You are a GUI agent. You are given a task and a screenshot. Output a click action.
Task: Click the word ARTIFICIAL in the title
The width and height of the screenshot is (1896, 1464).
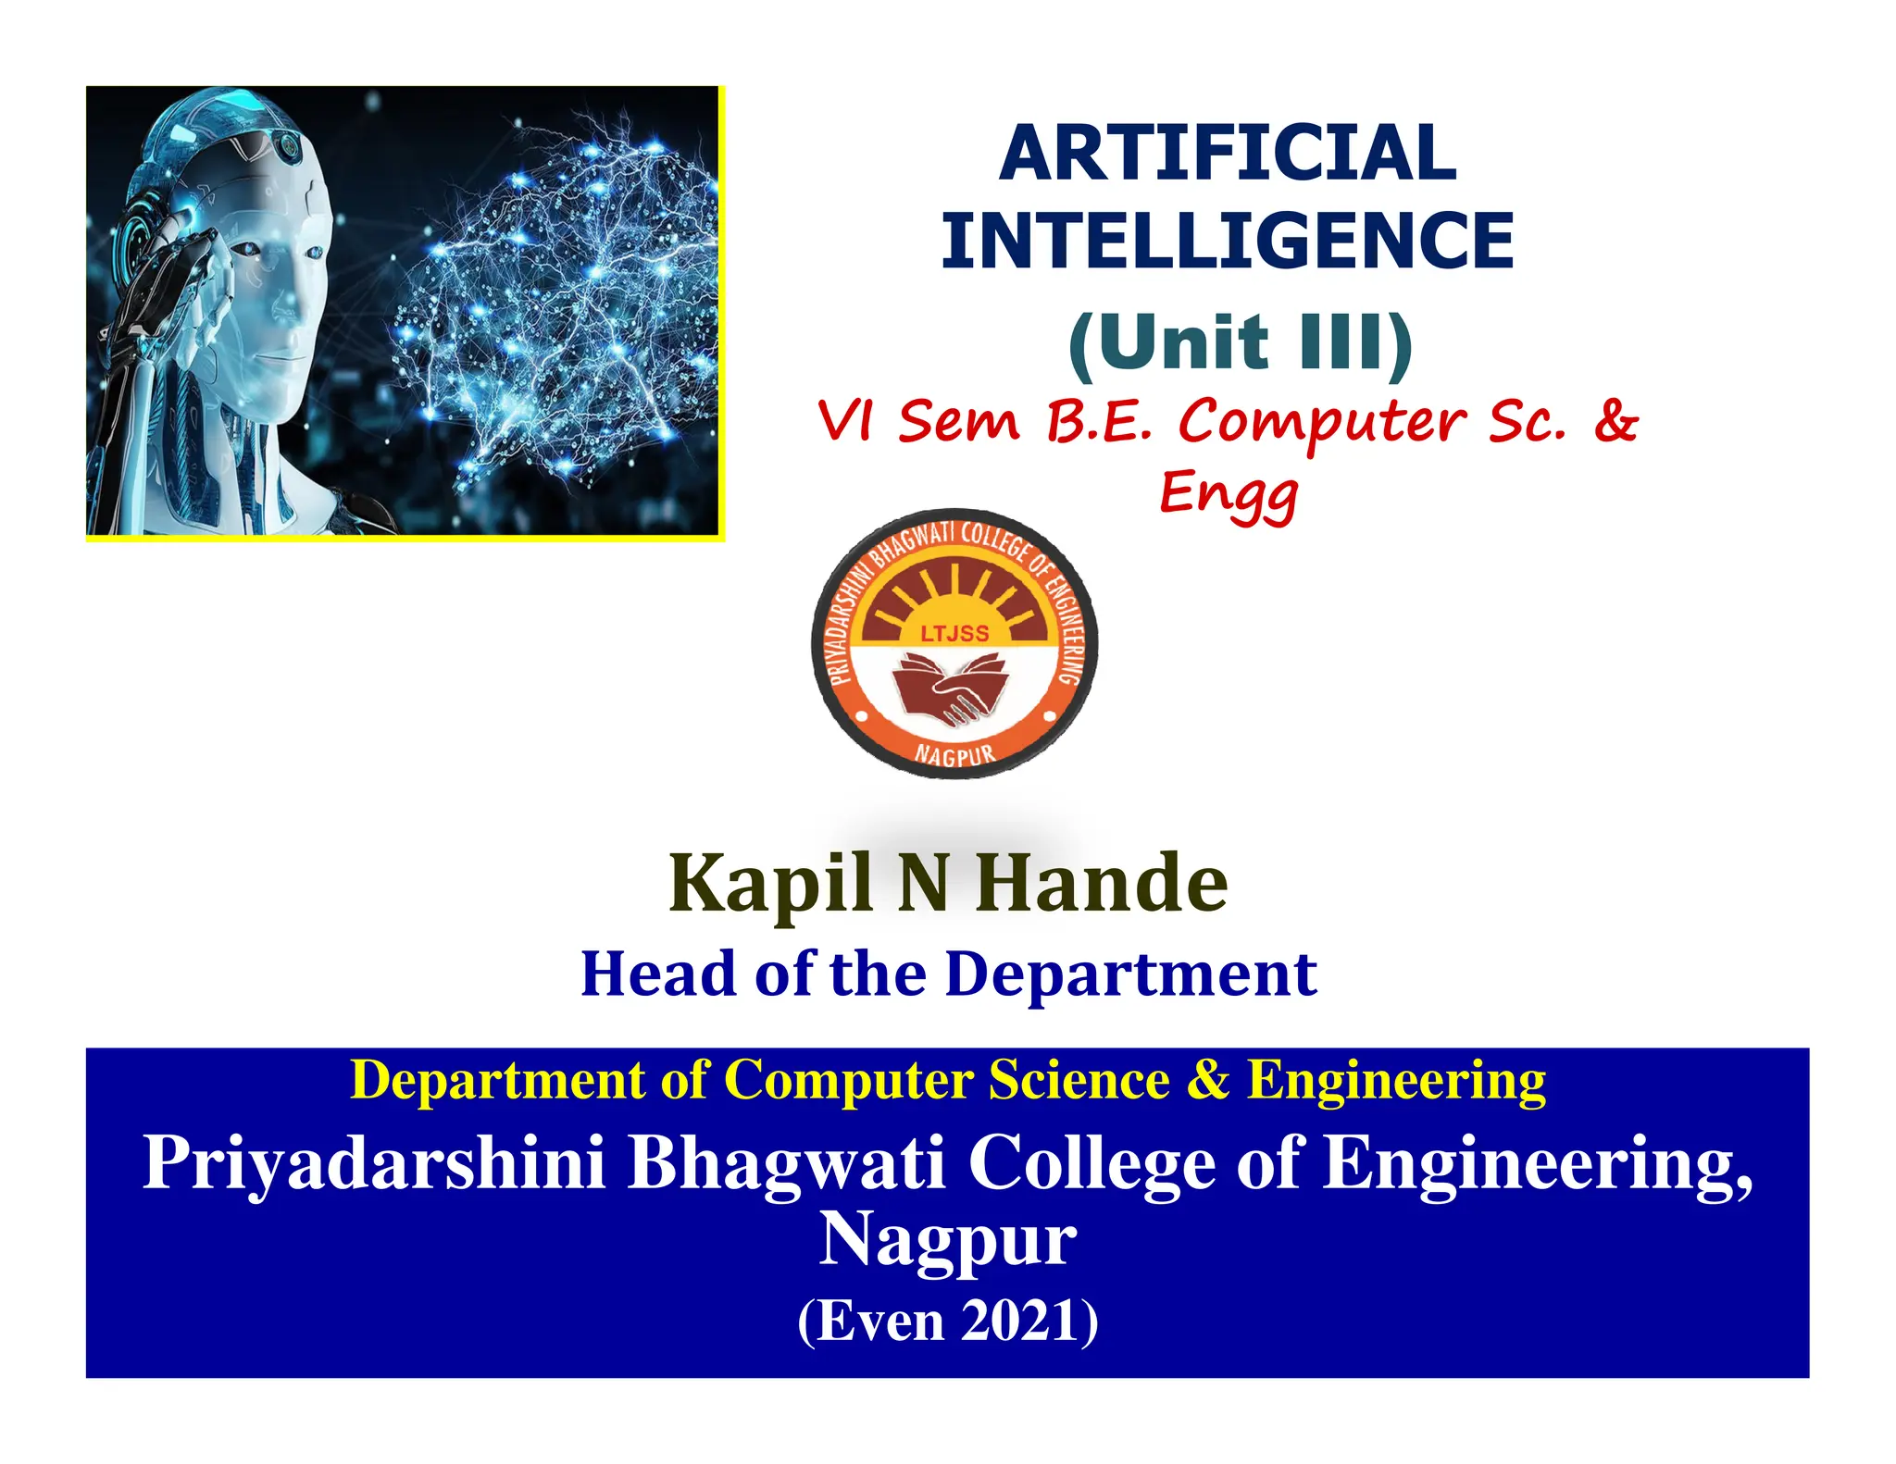[x=1228, y=154]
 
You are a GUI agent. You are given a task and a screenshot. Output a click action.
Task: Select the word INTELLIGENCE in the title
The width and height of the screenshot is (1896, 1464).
[x=1228, y=241]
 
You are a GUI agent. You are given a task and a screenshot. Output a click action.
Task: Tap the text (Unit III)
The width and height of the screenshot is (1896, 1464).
[x=1240, y=342]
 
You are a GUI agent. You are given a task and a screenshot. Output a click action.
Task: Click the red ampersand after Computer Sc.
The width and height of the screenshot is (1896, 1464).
[x=1615, y=421]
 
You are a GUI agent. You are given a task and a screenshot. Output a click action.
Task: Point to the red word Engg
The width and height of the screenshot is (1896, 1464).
[x=1229, y=495]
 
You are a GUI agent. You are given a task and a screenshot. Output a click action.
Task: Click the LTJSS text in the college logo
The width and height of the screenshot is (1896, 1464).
[x=954, y=634]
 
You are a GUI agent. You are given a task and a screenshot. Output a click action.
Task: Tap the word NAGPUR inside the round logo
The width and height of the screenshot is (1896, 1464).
[x=954, y=754]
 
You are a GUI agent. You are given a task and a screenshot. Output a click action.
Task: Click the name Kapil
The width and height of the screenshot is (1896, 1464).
[x=770, y=884]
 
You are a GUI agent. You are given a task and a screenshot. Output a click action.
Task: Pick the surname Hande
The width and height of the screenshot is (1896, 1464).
[x=1102, y=884]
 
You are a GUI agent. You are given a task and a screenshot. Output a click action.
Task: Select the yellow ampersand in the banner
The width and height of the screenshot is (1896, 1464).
[x=1208, y=1080]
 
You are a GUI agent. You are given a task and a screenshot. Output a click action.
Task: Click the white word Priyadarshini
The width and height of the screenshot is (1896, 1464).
[x=374, y=1163]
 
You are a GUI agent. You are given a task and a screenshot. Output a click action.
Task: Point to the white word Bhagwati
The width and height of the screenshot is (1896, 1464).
[x=787, y=1163]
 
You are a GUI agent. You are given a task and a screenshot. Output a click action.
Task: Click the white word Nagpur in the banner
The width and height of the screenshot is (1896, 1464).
[x=948, y=1240]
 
